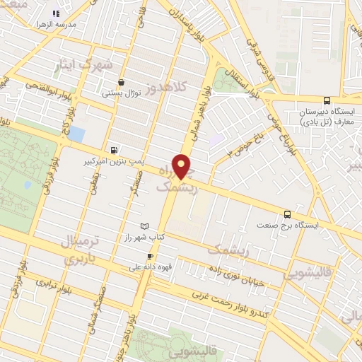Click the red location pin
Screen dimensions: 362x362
(182, 165)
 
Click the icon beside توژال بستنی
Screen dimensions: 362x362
(122, 82)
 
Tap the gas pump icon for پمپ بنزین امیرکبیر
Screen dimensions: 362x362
(115, 149)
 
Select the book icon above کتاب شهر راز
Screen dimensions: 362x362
(146, 225)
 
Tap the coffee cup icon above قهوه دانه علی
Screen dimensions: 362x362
(150, 256)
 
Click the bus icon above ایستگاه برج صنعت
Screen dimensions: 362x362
(287, 213)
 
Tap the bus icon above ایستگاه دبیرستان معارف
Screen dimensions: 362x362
(326, 100)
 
